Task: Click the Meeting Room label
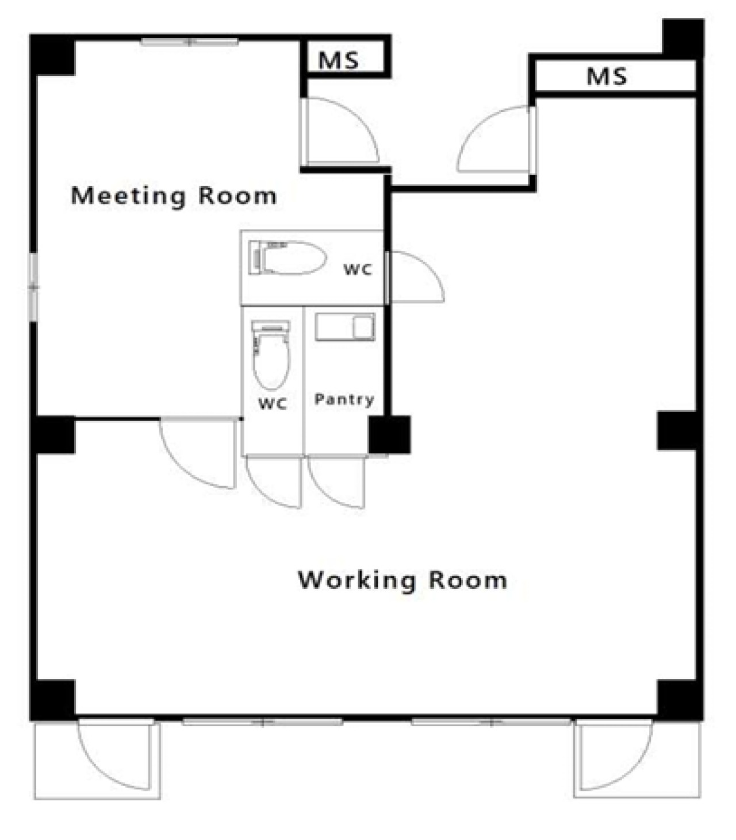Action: coord(174,196)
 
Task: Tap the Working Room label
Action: coord(402,580)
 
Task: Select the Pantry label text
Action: coord(344,399)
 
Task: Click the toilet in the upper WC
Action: coord(287,258)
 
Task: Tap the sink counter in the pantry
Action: coord(345,327)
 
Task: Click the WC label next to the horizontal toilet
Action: coord(358,269)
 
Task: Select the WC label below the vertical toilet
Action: coord(273,403)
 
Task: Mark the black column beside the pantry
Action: coord(389,435)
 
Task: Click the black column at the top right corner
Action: coord(684,39)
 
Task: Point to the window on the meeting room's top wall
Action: coord(189,42)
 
